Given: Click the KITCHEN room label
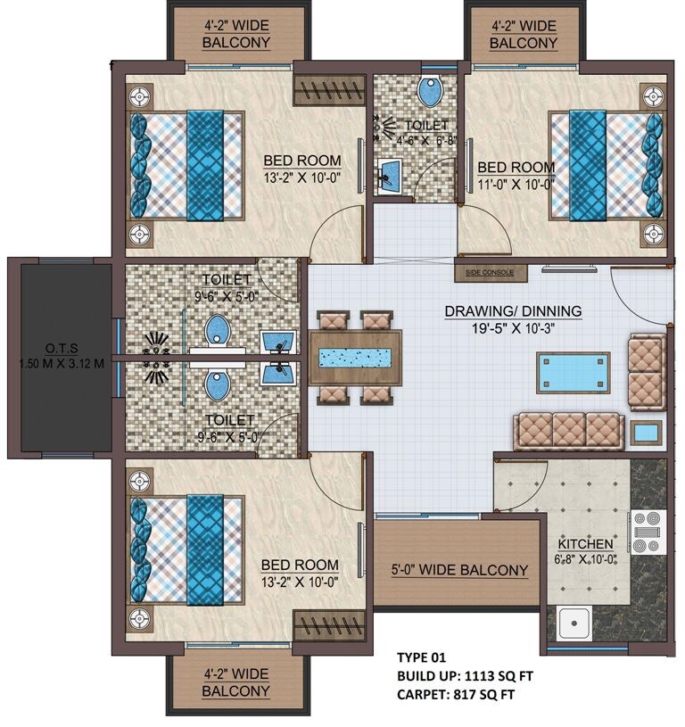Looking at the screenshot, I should [x=585, y=544].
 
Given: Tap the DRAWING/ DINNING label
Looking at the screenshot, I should [x=513, y=311].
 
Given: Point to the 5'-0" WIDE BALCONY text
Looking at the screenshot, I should [x=459, y=570].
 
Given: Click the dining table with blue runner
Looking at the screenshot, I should [x=356, y=357].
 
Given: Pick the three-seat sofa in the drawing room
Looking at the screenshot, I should [x=569, y=432].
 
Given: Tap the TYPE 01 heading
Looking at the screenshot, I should [x=421, y=658].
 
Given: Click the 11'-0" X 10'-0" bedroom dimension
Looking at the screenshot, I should [x=516, y=185].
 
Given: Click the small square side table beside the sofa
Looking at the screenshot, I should [x=645, y=433].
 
